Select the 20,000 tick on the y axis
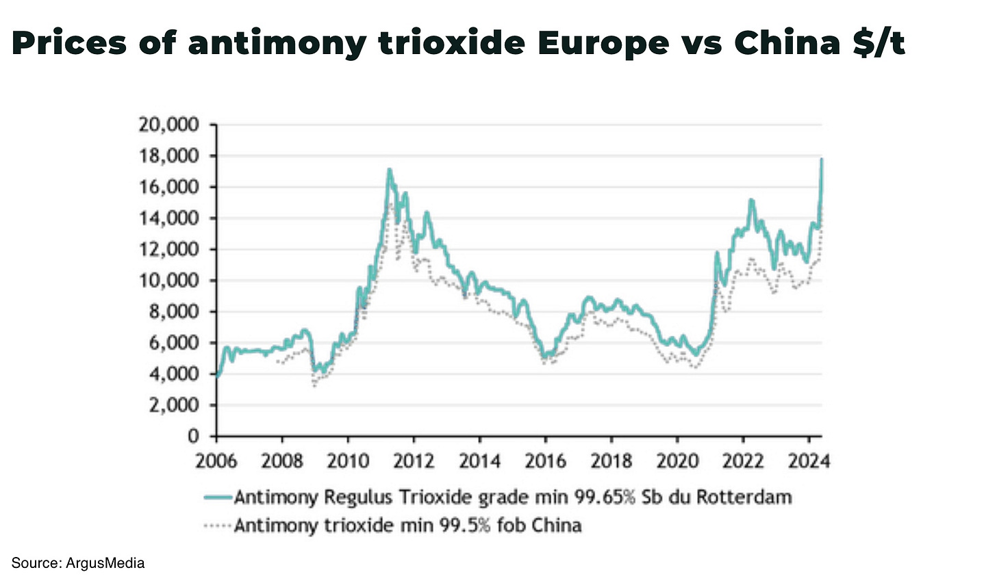click(x=168, y=125)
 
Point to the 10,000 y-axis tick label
click(x=168, y=281)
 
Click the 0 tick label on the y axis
click(x=194, y=436)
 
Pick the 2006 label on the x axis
click(x=216, y=461)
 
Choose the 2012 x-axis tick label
click(x=414, y=461)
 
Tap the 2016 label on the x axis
click(x=545, y=461)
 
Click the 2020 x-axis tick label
click(x=677, y=461)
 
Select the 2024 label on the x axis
click(x=808, y=461)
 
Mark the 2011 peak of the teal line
click(x=389, y=169)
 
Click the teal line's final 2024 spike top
click(x=821, y=159)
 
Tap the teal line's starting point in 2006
click(x=217, y=376)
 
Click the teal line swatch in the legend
click(x=218, y=497)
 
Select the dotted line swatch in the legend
click(x=218, y=526)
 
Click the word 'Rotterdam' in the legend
click(x=744, y=497)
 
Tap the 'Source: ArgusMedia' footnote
click(x=78, y=563)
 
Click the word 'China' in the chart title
click(x=787, y=42)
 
